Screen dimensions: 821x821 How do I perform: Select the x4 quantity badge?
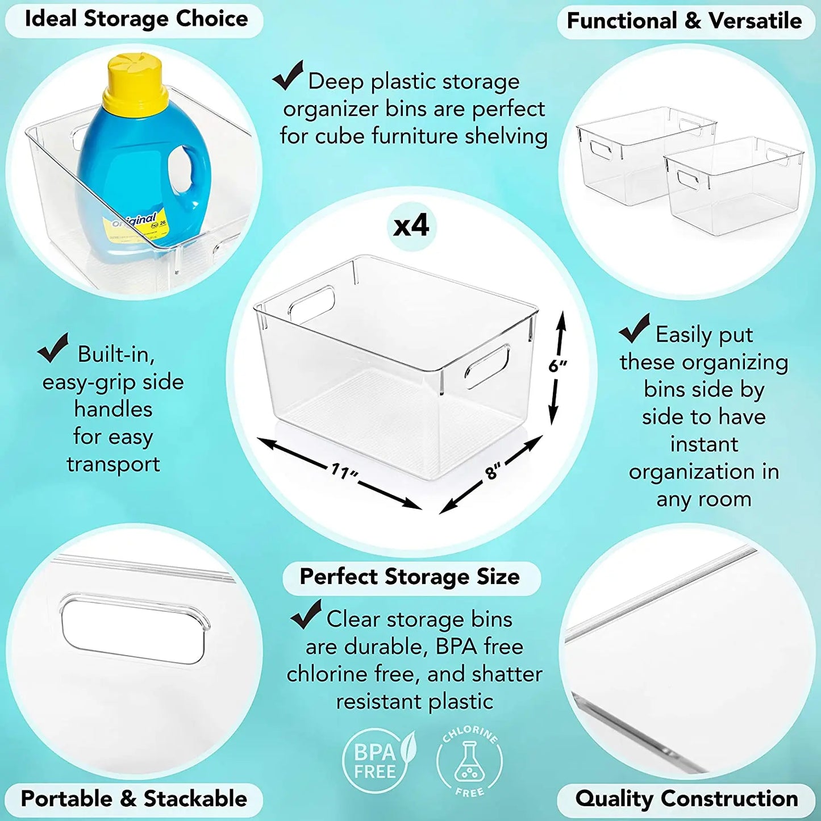(x=411, y=226)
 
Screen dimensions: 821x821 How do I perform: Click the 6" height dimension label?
(x=557, y=366)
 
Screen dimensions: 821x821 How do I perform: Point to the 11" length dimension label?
(x=344, y=471)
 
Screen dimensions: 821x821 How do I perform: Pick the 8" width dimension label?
(x=493, y=471)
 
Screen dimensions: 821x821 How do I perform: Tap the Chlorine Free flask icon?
(x=469, y=762)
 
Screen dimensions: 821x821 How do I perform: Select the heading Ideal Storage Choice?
(x=136, y=19)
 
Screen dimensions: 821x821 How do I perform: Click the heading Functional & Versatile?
(x=684, y=21)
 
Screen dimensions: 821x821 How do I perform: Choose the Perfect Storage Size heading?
(x=410, y=577)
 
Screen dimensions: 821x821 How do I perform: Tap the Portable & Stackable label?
(x=134, y=799)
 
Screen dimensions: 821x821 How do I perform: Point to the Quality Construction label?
(x=686, y=799)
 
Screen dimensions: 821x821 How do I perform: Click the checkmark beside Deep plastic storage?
(x=288, y=76)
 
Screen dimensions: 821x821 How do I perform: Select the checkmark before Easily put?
(x=635, y=329)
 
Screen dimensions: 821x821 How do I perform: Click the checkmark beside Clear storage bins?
(x=306, y=615)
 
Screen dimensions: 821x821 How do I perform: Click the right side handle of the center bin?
(x=487, y=366)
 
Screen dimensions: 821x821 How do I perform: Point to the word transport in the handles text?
(x=113, y=464)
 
